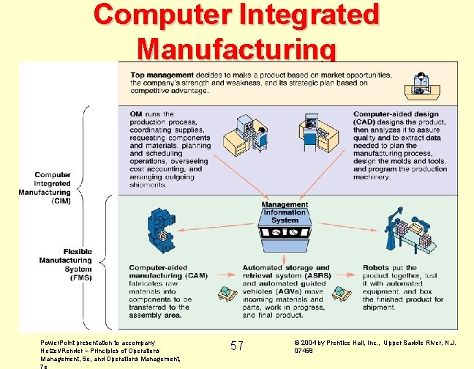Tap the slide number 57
coord(237,345)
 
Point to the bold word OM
coord(136,114)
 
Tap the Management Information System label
coord(285,212)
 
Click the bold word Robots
coord(376,268)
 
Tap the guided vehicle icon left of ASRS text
coord(227,294)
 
